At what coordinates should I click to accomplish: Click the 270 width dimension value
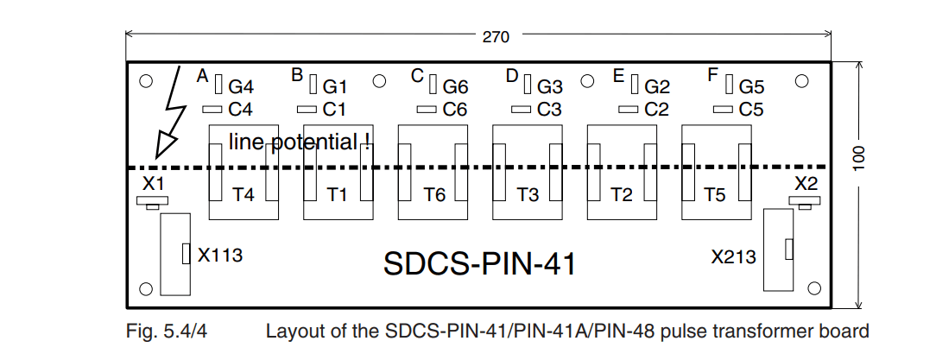tap(496, 37)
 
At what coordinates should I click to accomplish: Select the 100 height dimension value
tap(858, 158)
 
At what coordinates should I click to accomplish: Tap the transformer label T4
tap(243, 194)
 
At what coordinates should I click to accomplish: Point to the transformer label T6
tap(434, 194)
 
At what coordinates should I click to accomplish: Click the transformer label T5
tap(715, 194)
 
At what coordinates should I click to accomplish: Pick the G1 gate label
tap(335, 87)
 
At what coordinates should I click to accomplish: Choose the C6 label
tap(455, 110)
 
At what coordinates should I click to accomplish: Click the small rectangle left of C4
tap(212, 110)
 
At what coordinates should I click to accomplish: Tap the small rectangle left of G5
tap(730, 85)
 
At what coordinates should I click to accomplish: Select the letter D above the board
tap(512, 76)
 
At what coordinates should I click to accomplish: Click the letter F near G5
tap(712, 76)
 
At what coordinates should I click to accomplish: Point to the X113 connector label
tap(220, 256)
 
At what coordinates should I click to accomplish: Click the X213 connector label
tap(734, 256)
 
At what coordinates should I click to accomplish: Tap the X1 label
tap(153, 183)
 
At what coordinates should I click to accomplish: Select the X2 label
tap(806, 183)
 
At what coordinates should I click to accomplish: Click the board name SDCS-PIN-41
tap(480, 263)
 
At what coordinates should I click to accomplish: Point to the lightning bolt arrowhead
tap(166, 146)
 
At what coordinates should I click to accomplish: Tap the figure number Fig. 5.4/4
tap(167, 332)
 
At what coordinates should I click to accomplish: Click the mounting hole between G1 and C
tap(379, 81)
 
